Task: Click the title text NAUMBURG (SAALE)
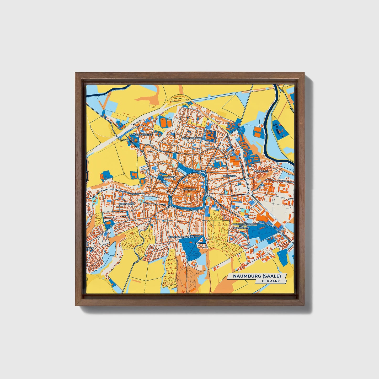coord(257,276)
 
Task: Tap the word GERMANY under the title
coord(270,281)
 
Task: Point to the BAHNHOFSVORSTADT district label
coord(141,135)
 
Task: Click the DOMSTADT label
coord(168,177)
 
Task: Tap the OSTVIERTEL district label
coord(230,176)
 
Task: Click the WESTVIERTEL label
coord(127,204)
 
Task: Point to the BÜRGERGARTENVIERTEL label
coord(181,237)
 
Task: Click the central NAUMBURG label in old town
coord(190,189)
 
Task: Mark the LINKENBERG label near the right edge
coord(285,181)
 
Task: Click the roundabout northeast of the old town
coord(203,172)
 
